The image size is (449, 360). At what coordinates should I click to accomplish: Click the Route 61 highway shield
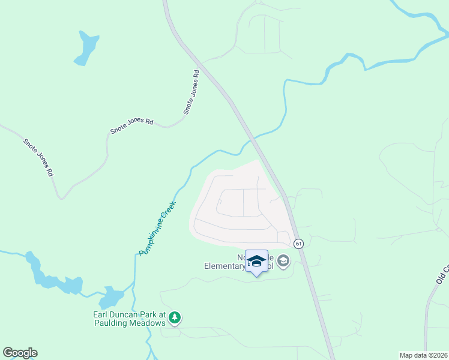[x=298, y=243]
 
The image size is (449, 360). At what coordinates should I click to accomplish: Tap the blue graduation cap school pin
[x=256, y=261]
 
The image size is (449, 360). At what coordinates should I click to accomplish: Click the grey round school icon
[x=283, y=261]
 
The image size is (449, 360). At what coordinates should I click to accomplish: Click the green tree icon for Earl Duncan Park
[x=174, y=317]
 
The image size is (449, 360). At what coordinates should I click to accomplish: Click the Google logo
[x=20, y=353]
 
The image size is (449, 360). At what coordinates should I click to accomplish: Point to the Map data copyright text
[x=423, y=355]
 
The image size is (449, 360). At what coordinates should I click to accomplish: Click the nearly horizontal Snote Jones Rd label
[x=131, y=125]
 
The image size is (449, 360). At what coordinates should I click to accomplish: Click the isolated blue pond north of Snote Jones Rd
[x=86, y=48]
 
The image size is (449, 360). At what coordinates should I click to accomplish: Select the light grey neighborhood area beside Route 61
[x=234, y=207]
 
